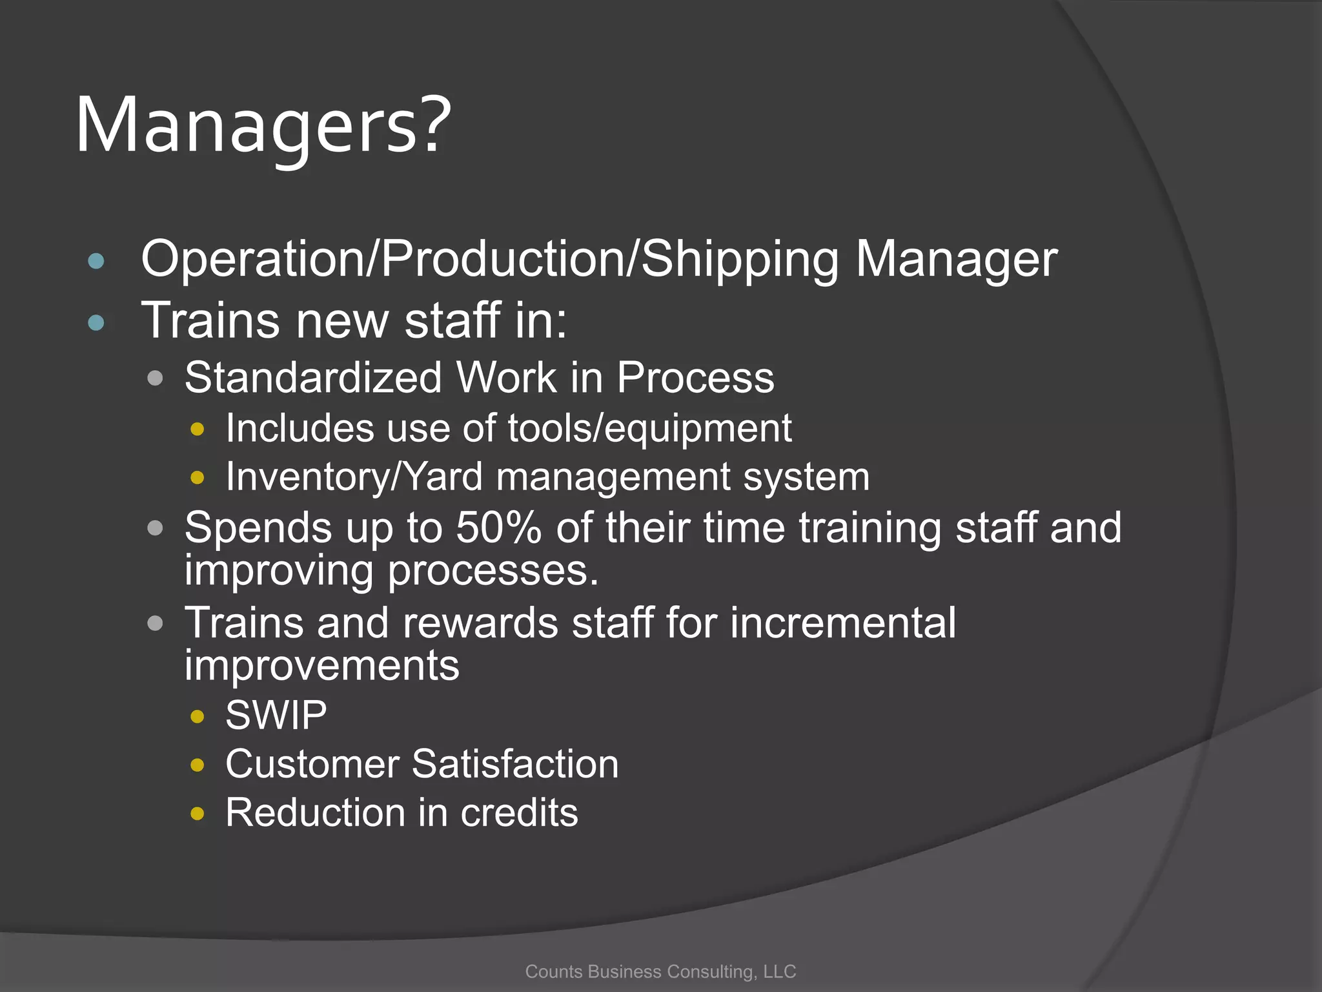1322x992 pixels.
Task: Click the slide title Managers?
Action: (x=263, y=125)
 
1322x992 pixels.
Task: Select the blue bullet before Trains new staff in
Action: (x=96, y=322)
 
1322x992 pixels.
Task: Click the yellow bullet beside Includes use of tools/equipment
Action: (x=198, y=429)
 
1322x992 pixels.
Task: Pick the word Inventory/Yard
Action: (x=354, y=477)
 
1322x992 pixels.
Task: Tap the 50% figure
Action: (x=498, y=528)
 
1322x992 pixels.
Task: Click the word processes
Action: (x=493, y=571)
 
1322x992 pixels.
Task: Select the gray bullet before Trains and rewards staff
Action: (x=155, y=623)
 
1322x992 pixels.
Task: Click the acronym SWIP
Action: (x=276, y=716)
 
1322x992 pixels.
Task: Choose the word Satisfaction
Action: (x=515, y=764)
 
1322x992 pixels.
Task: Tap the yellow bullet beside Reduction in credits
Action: (x=198, y=814)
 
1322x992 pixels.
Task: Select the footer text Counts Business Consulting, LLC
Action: (x=660, y=971)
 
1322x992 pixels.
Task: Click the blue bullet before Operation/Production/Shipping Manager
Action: (x=96, y=261)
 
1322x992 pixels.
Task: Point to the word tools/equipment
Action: (x=649, y=428)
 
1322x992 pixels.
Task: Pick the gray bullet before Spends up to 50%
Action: (x=155, y=528)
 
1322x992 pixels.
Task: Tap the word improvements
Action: (x=321, y=666)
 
